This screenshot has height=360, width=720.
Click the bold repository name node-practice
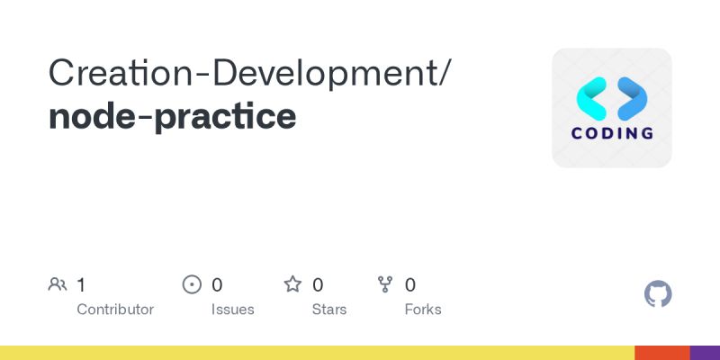(x=172, y=116)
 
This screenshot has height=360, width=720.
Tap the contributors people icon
(x=58, y=285)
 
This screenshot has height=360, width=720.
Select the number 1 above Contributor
(x=81, y=285)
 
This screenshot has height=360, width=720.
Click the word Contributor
(x=115, y=310)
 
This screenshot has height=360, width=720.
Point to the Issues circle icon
(x=192, y=285)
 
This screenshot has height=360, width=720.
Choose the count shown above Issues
(x=217, y=285)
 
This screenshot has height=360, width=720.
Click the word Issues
(x=233, y=310)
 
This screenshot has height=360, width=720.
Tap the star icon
(x=292, y=285)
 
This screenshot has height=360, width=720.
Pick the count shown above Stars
(x=318, y=285)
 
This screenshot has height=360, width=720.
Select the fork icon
(x=386, y=285)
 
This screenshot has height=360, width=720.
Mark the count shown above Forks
(x=410, y=285)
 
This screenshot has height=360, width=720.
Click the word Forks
(x=423, y=310)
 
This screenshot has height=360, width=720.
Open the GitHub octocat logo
(x=659, y=294)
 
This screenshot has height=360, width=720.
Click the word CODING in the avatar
(x=612, y=134)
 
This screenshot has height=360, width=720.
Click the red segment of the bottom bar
(x=661, y=353)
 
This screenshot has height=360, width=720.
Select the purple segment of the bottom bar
(x=705, y=353)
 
